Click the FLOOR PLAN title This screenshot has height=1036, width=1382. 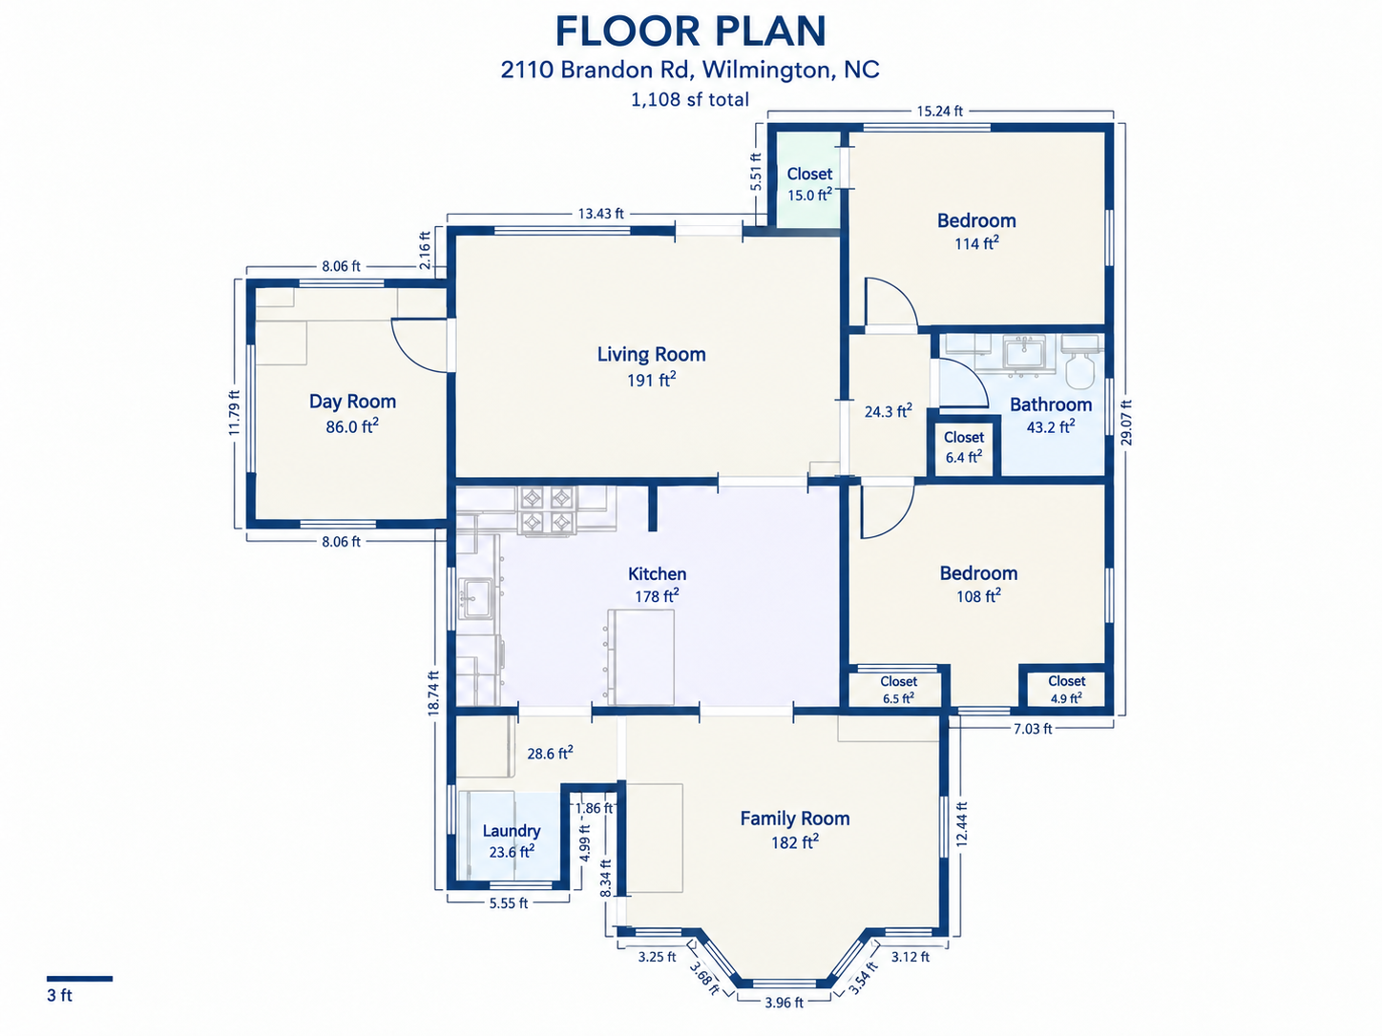690,31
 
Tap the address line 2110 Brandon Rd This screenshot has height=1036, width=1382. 597,70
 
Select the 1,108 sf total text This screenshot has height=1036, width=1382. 690,99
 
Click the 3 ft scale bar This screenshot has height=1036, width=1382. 79,978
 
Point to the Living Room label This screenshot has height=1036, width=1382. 652,354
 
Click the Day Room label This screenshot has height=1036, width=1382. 352,402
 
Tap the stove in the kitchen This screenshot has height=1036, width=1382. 547,510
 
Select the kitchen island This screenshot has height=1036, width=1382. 640,656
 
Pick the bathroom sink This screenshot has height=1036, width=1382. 1024,353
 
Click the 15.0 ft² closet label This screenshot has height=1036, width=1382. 809,184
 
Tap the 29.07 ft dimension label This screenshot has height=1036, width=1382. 1126,423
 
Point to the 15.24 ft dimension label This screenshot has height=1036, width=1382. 939,112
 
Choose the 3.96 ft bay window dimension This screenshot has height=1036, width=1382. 784,1003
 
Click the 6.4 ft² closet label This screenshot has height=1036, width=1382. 963,447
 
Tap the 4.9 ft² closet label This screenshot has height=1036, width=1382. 1066,690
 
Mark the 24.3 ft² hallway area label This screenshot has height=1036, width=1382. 888,411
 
